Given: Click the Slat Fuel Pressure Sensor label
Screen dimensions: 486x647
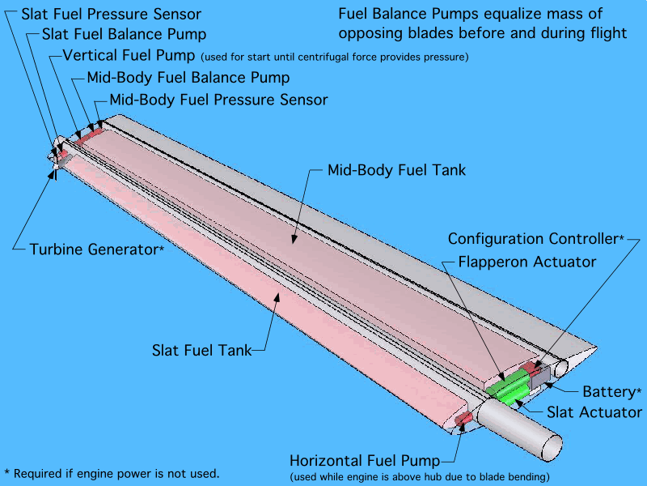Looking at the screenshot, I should pos(111,15).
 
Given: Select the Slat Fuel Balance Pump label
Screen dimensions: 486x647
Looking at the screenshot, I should pos(124,35).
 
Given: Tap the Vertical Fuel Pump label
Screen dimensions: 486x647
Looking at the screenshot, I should pos(129,56).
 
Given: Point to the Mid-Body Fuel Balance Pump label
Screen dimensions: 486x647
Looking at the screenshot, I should pos(188,79).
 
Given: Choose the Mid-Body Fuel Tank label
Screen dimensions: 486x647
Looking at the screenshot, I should pos(396,171).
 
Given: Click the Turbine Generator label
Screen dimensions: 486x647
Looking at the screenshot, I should pos(96,249).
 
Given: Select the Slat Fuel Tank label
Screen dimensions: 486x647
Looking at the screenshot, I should pos(200,351).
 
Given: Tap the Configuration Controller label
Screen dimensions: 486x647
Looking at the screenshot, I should pos(535,239).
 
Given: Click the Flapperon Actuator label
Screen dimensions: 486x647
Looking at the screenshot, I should pos(526,262).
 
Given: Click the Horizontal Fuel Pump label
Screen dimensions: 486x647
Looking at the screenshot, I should pos(369,458).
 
